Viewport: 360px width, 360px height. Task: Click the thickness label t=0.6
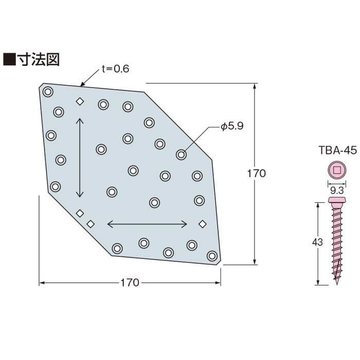(115, 68)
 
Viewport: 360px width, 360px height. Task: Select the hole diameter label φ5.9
(232, 126)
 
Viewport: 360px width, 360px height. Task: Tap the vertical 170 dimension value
(257, 174)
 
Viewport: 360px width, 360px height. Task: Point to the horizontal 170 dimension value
(130, 283)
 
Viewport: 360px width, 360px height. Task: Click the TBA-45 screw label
(338, 150)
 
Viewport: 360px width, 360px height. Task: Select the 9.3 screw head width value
(337, 190)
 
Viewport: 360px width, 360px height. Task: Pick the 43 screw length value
(317, 242)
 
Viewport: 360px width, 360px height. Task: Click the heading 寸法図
(39, 60)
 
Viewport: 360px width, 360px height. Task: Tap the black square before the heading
(9, 60)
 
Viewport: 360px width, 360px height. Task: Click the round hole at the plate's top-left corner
(48, 92)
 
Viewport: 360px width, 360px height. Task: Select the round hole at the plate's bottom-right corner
(212, 256)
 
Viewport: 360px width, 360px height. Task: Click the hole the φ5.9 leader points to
(181, 154)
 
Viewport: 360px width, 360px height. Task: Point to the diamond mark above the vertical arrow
(80, 101)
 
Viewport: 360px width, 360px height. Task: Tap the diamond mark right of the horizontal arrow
(202, 224)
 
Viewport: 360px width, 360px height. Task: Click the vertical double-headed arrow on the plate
(80, 157)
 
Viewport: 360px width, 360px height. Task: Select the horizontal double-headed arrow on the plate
(147, 224)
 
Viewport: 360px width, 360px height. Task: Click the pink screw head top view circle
(337, 170)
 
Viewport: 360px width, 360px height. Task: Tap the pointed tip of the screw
(337, 284)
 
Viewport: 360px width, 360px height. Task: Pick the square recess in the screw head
(337, 170)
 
